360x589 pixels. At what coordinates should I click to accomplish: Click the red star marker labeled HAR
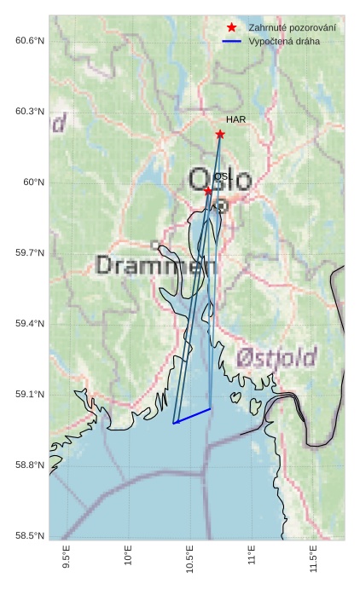click(220, 134)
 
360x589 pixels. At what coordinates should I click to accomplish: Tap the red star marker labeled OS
click(208, 191)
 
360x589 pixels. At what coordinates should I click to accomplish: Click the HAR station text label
click(235, 120)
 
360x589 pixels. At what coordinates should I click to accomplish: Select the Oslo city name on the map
click(220, 180)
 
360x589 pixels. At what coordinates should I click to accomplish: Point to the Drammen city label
click(156, 265)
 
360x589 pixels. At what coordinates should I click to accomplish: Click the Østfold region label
click(276, 356)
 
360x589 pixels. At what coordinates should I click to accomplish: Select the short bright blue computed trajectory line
click(192, 416)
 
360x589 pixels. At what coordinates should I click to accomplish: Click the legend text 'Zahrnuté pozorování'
click(292, 28)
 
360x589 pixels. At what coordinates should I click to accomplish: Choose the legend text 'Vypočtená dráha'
click(284, 42)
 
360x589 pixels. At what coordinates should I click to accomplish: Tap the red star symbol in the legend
click(232, 28)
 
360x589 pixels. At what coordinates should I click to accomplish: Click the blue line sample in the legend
click(232, 42)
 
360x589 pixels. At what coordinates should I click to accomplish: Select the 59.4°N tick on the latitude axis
click(30, 324)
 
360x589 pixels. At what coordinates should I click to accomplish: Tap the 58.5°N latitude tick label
click(30, 535)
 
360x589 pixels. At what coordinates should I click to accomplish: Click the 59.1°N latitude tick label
click(30, 395)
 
